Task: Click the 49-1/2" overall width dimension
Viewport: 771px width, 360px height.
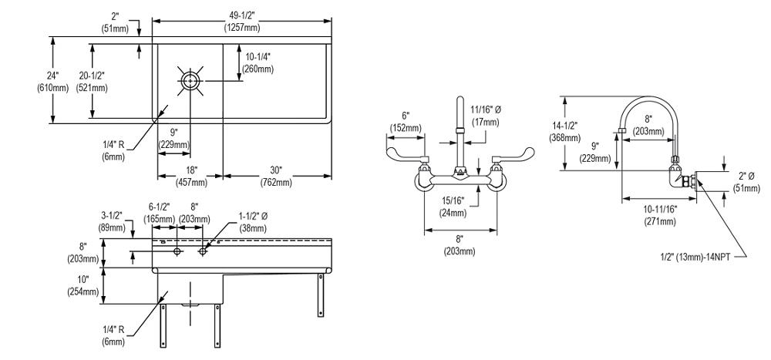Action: (x=241, y=22)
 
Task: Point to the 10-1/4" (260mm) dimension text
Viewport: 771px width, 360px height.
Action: (x=259, y=62)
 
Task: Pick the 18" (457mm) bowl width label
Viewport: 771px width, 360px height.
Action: (x=191, y=177)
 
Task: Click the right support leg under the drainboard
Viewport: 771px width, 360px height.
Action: (x=319, y=294)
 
